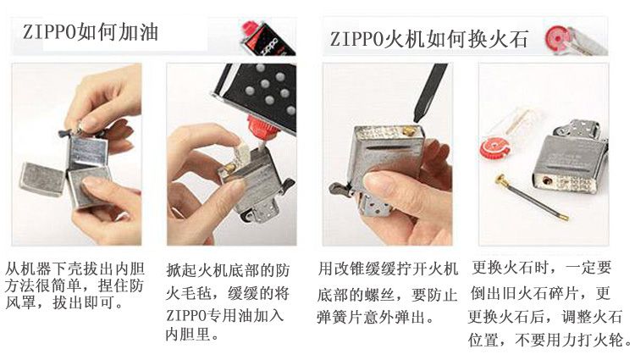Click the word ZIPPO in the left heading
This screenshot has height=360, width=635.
pyautogui.click(x=49, y=32)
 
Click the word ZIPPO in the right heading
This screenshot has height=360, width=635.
pyautogui.click(x=356, y=40)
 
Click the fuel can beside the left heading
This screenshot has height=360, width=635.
pyautogui.click(x=268, y=37)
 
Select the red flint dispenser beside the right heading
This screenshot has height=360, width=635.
pyautogui.click(x=576, y=40)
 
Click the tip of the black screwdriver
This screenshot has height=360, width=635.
pyautogui.click(x=417, y=120)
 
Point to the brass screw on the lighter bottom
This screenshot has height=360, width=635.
pyautogui.click(x=407, y=130)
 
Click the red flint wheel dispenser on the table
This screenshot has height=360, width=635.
pyautogui.click(x=495, y=147)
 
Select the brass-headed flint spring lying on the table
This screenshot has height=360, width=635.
pyautogui.click(x=531, y=197)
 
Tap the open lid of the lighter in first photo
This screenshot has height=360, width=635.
pyautogui.click(x=42, y=179)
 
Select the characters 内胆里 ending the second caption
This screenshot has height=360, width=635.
pyautogui.click(x=188, y=335)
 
